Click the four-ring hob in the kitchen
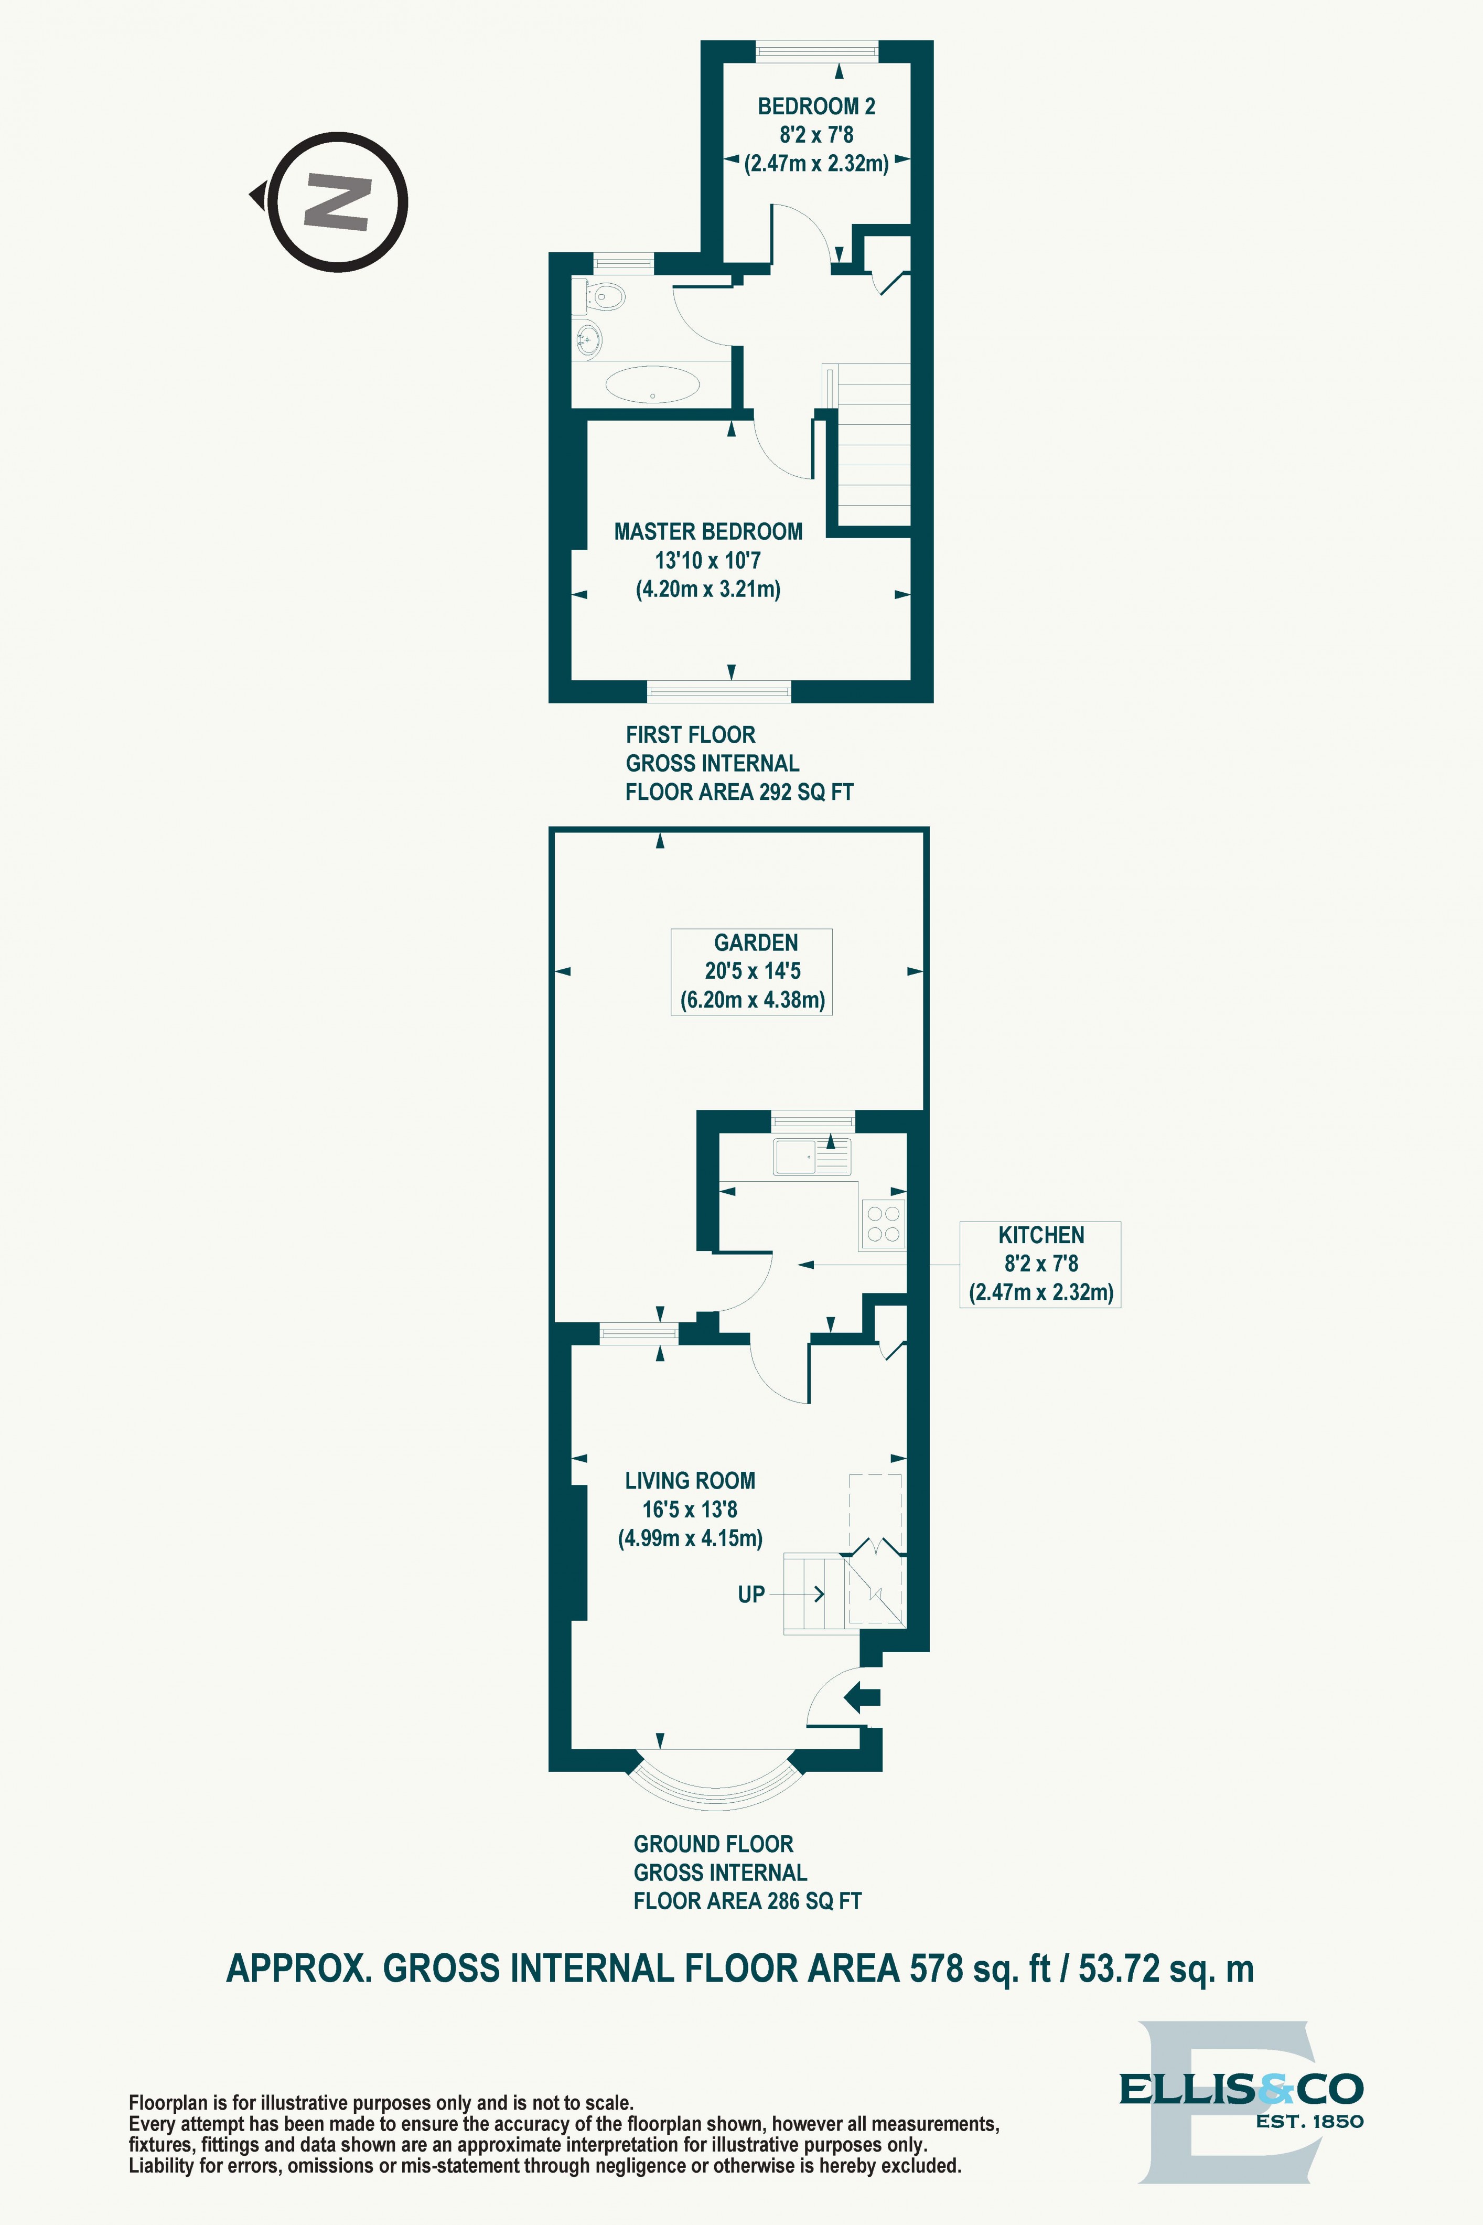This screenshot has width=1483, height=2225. tap(884, 1223)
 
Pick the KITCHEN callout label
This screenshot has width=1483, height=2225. tap(1040, 1263)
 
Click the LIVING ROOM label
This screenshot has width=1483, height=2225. tap(690, 1481)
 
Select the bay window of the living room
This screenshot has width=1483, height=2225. tap(716, 1784)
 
